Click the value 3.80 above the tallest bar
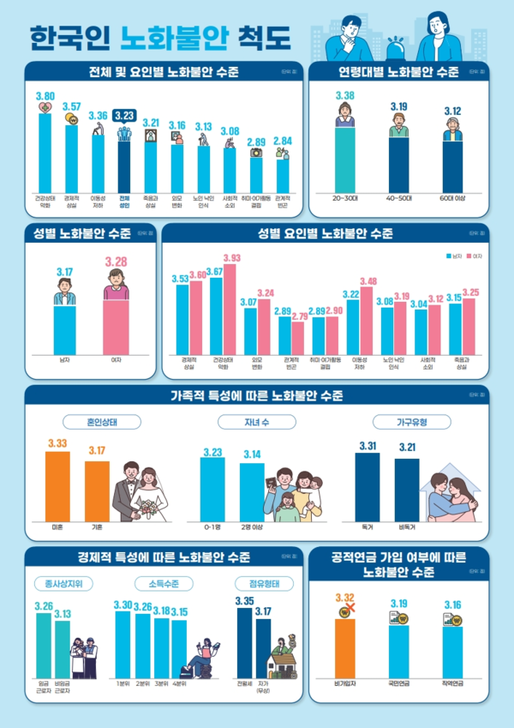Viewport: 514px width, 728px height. click(x=45, y=96)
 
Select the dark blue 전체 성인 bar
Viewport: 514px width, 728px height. click(x=124, y=163)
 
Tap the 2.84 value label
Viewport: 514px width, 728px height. click(x=282, y=141)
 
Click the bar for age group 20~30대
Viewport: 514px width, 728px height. click(x=346, y=159)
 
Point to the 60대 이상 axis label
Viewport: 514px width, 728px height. click(x=452, y=198)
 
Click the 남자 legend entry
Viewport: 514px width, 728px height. click(x=452, y=256)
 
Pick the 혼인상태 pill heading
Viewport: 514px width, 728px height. click(x=102, y=422)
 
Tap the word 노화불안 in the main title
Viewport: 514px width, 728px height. click(x=162, y=39)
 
